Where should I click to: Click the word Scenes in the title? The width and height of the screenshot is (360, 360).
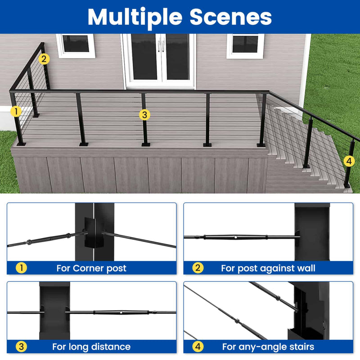pos(230,17)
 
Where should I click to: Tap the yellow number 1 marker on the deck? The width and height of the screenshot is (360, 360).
pos(16,110)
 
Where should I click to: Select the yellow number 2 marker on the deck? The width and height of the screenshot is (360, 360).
pos(44,58)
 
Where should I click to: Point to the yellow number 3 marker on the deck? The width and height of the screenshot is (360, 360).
pos(144,115)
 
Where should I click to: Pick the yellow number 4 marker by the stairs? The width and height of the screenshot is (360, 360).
pos(349,161)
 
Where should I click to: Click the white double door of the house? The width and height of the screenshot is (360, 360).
pos(160,58)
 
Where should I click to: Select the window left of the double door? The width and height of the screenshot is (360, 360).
pos(75,45)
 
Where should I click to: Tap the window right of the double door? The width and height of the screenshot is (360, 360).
pos(245,45)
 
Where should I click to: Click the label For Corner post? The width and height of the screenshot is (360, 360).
pos(91,268)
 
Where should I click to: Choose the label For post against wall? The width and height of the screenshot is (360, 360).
pos(268,268)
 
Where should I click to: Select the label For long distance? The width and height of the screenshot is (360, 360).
pos(91,346)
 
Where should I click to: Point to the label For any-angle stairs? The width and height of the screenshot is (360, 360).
pos(268,346)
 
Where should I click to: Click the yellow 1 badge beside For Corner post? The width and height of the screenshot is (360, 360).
pos(21,268)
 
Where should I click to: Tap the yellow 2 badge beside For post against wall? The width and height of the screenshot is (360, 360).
pos(198,268)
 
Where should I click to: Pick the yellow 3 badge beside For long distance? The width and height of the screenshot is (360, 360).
pos(21,346)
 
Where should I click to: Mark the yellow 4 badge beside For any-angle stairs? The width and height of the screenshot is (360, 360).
pos(198,346)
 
